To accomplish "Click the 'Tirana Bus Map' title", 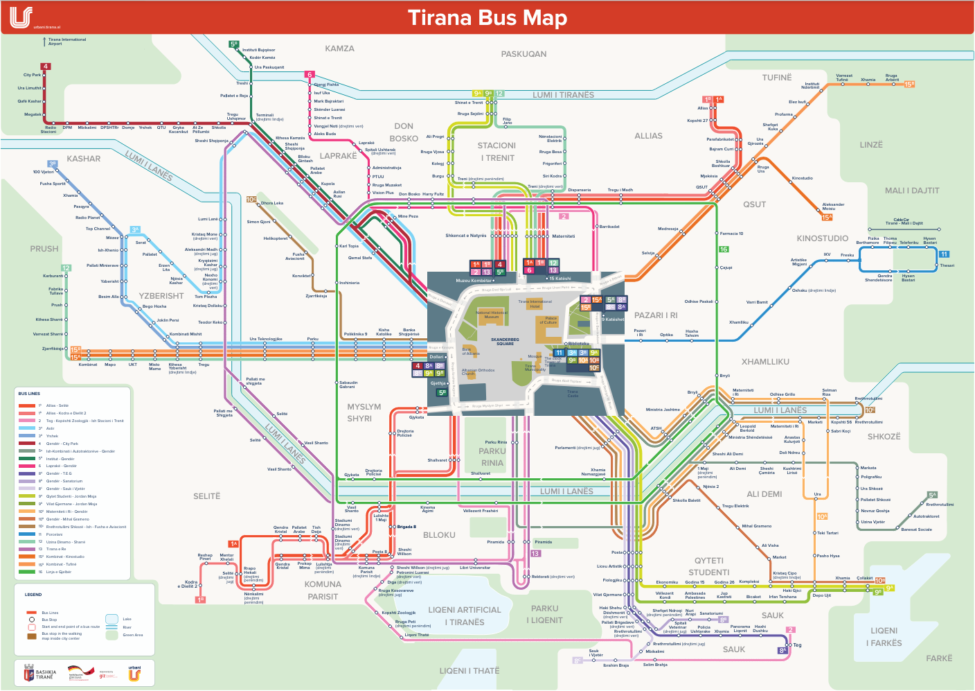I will [487, 17].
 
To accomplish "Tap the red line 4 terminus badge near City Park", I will [46, 67].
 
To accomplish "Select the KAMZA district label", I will [339, 49].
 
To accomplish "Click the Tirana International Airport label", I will [66, 42].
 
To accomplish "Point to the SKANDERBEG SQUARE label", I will [505, 342].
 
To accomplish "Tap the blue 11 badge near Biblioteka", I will [559, 353].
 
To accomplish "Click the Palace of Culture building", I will [550, 321].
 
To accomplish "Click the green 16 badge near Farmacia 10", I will [723, 250].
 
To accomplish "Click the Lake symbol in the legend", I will [111, 619].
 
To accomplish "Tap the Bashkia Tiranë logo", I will [39, 673].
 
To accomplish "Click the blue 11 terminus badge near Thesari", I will [944, 254].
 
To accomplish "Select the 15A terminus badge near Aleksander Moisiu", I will [827, 217].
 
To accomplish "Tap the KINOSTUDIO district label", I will [822, 238].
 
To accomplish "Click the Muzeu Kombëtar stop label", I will [473, 281].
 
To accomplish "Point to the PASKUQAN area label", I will [524, 54].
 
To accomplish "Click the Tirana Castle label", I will [573, 394].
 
